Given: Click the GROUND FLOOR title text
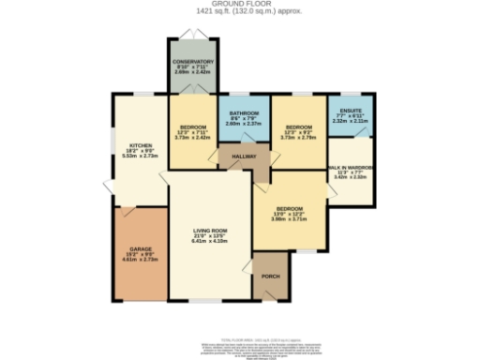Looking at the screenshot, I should (x=239, y=5).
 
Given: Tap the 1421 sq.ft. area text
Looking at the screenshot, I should (x=239, y=12).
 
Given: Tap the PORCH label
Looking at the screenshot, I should (x=270, y=277).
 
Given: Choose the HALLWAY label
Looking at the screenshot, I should (x=244, y=157).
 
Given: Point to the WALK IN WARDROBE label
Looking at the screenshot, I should (x=352, y=167).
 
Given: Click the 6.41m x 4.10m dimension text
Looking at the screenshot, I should (x=210, y=241).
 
